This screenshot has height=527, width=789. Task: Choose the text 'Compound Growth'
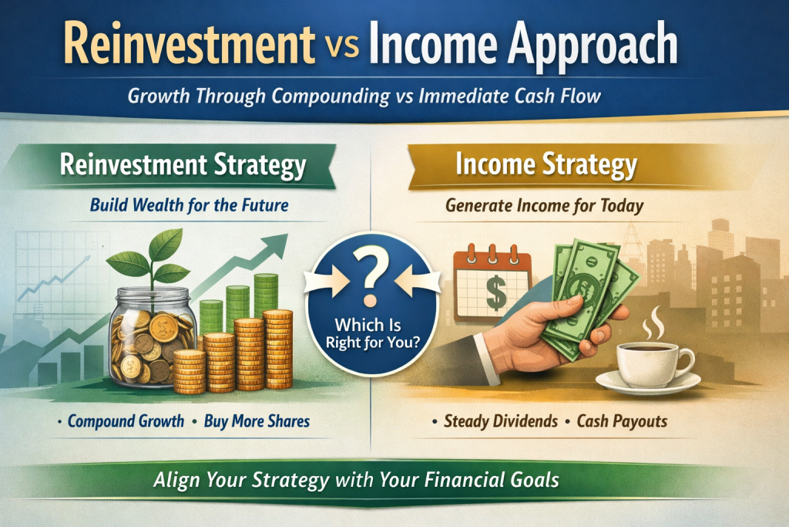125,421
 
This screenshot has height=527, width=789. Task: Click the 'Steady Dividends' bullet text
500,421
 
